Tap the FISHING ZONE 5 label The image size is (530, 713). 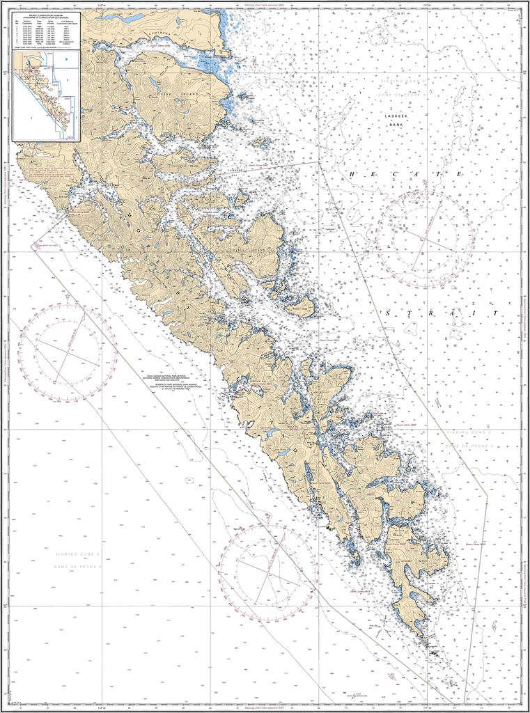pos(79,554)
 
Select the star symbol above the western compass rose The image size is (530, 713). pos(68,297)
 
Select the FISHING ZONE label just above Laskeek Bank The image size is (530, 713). pos(403,82)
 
